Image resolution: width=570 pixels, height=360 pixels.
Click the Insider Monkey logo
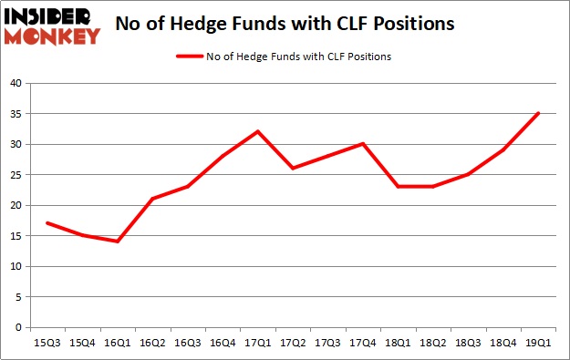(x=53, y=26)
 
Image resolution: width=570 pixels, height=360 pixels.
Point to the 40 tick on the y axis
(x=15, y=84)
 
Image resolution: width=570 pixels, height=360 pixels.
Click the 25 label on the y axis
(x=15, y=175)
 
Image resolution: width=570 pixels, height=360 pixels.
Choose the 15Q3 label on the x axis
(x=47, y=342)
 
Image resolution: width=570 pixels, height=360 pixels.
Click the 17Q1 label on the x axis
(x=258, y=342)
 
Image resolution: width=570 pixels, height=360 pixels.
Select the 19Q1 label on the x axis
(x=539, y=342)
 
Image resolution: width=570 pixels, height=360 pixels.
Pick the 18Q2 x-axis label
(x=433, y=342)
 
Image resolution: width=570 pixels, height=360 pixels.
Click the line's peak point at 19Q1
(x=539, y=113)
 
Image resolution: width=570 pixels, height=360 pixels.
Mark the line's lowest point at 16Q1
(x=118, y=242)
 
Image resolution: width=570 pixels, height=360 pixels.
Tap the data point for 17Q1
(x=258, y=131)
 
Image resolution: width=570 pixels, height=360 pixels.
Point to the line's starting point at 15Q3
(x=47, y=223)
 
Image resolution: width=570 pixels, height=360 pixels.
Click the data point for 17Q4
(x=363, y=144)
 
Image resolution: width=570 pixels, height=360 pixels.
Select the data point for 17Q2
(x=293, y=169)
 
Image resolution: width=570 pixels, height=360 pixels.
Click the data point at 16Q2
(x=152, y=199)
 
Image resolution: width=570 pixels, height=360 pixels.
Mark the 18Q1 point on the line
(x=399, y=187)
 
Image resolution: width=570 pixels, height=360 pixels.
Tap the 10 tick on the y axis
(x=15, y=267)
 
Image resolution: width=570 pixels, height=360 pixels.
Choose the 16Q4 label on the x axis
(x=223, y=342)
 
